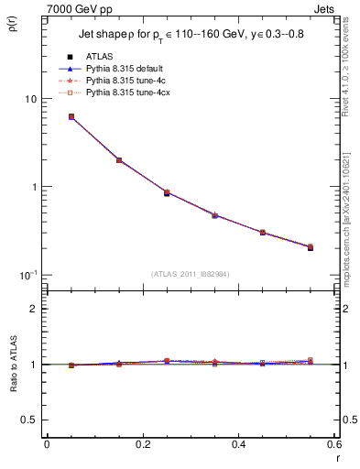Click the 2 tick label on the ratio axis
point(34,309)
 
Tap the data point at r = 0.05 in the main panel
point(71,117)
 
